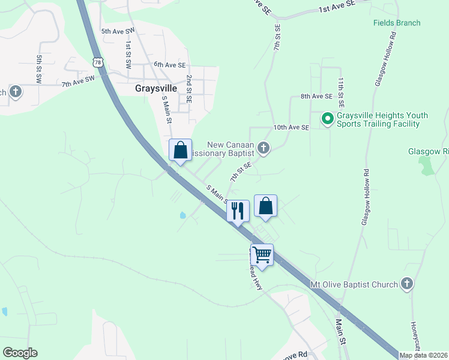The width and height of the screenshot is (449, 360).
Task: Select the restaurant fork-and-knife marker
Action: click(x=238, y=211)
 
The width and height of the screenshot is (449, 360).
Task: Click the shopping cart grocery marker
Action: click(x=262, y=254)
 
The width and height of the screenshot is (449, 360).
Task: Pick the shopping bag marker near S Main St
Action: click(x=180, y=150)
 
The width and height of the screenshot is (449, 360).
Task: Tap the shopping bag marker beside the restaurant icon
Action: click(x=265, y=206)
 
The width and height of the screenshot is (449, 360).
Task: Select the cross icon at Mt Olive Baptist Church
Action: click(x=407, y=283)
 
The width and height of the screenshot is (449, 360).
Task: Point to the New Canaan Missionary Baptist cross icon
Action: click(x=264, y=148)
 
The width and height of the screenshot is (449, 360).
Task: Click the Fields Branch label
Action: click(x=396, y=23)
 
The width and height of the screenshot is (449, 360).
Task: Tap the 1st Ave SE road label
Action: click(x=337, y=7)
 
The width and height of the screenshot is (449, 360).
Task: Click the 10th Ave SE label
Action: click(x=291, y=128)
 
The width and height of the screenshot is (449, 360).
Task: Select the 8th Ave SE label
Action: click(x=316, y=96)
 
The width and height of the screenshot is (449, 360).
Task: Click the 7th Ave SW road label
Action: click(x=78, y=81)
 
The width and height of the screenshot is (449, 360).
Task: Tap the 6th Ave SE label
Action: click(x=170, y=64)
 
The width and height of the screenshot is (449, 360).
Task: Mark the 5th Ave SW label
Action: click(x=117, y=31)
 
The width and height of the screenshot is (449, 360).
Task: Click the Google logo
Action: click(x=20, y=353)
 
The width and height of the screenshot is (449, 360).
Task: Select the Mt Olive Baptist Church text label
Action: click(x=354, y=284)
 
